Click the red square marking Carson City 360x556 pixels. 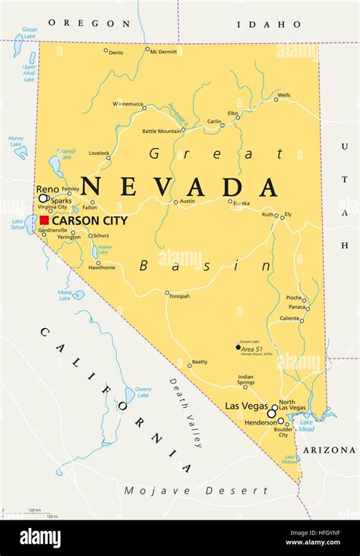pos(45,220)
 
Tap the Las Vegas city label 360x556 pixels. pos(244,406)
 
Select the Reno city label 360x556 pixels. pos(47,189)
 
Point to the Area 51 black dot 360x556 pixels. pos(238,348)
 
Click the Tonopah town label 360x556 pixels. pos(179,296)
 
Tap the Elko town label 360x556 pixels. pos(233,113)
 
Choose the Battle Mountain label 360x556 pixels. pos(162,131)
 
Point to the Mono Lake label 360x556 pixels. pos(65,294)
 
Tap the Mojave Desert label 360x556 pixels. pos(196,491)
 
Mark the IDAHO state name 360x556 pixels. pos(259,24)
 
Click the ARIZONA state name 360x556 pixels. pos(329,450)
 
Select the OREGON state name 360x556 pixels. pos(84,23)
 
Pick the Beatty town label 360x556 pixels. pos(200,362)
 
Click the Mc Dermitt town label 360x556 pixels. pos(163,52)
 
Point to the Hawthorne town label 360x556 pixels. pos(102,267)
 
